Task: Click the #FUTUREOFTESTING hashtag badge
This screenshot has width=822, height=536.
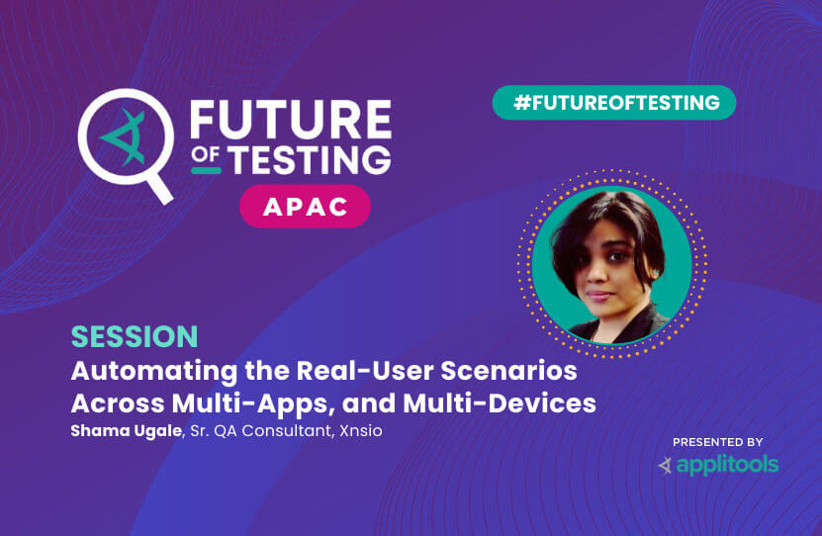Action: [x=614, y=103]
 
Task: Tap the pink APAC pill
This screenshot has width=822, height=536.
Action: [x=305, y=207]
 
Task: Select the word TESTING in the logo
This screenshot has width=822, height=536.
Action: [x=310, y=160]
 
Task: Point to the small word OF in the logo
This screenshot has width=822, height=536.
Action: [x=206, y=154]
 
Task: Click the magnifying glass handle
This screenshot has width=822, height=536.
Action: [x=160, y=189]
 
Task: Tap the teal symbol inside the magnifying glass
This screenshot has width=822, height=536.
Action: [x=124, y=137]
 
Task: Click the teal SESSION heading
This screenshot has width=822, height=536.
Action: [x=135, y=336]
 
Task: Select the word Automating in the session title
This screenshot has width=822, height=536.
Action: [x=154, y=372]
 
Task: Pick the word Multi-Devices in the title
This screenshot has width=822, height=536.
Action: [x=500, y=403]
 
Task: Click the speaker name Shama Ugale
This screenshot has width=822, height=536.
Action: [x=127, y=431]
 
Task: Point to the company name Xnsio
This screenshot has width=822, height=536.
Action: [x=361, y=431]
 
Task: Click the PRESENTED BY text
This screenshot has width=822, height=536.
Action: [x=718, y=442]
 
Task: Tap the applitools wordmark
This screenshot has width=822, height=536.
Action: [x=728, y=465]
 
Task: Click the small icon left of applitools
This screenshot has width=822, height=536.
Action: [x=666, y=465]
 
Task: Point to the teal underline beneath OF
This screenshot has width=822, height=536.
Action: [x=206, y=170]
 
